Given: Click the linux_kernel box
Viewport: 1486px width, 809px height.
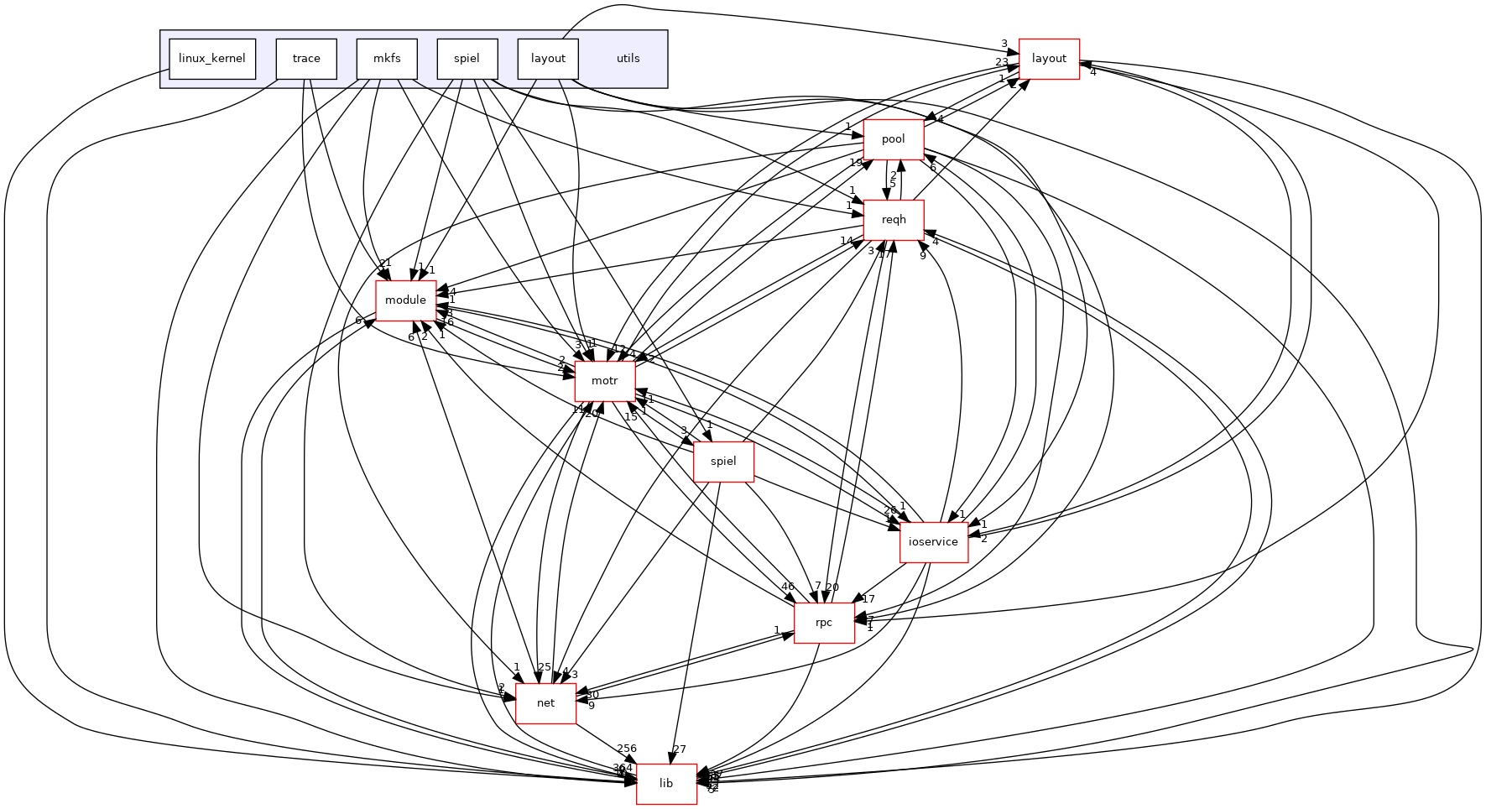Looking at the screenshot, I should click(x=212, y=59).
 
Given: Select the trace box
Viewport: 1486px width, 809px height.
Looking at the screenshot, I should click(x=306, y=59).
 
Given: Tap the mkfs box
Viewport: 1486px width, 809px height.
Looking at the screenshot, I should click(x=387, y=59).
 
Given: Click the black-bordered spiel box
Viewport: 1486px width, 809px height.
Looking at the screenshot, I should click(x=467, y=59).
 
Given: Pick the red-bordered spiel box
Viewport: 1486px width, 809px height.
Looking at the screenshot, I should click(x=723, y=462).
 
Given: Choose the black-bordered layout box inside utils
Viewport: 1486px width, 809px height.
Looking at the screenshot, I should click(x=548, y=59).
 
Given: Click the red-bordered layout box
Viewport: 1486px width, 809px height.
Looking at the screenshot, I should click(x=1049, y=59).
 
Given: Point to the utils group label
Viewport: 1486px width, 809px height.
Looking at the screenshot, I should click(x=628, y=59).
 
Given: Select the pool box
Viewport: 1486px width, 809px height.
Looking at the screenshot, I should click(x=894, y=139).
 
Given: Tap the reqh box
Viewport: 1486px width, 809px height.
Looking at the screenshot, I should click(x=894, y=220).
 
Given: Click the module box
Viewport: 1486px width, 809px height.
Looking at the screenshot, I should click(x=405, y=300).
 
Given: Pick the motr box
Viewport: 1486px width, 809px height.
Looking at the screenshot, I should click(x=604, y=381).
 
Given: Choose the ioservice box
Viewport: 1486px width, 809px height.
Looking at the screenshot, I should click(x=934, y=542).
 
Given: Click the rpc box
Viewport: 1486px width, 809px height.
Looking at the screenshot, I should click(x=824, y=623).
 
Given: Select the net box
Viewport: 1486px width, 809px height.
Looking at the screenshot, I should click(x=545, y=703).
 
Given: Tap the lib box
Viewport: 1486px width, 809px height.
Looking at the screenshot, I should click(x=666, y=784).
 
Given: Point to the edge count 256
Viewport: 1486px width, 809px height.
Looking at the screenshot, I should click(x=627, y=749).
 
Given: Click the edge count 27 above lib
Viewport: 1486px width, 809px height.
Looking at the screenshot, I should click(x=680, y=749).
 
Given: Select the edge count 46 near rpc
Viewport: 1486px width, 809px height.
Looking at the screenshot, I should click(x=787, y=587).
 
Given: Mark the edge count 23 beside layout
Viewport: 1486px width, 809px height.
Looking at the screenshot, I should click(x=1002, y=61).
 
